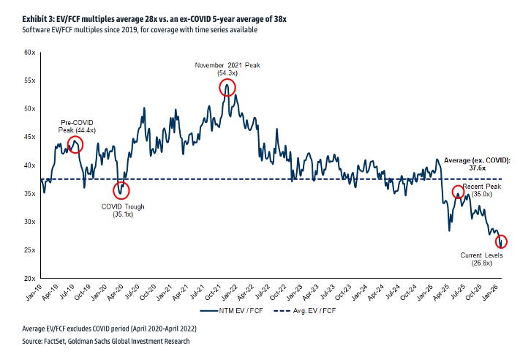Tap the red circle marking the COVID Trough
click(x=121, y=190)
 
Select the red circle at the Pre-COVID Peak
click(x=75, y=145)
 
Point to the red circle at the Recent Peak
click(x=458, y=192)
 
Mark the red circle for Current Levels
click(x=501, y=241)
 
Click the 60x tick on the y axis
click(x=30, y=52)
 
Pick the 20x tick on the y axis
click(x=30, y=279)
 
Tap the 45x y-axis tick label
click(x=30, y=137)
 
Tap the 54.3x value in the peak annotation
click(x=228, y=74)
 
